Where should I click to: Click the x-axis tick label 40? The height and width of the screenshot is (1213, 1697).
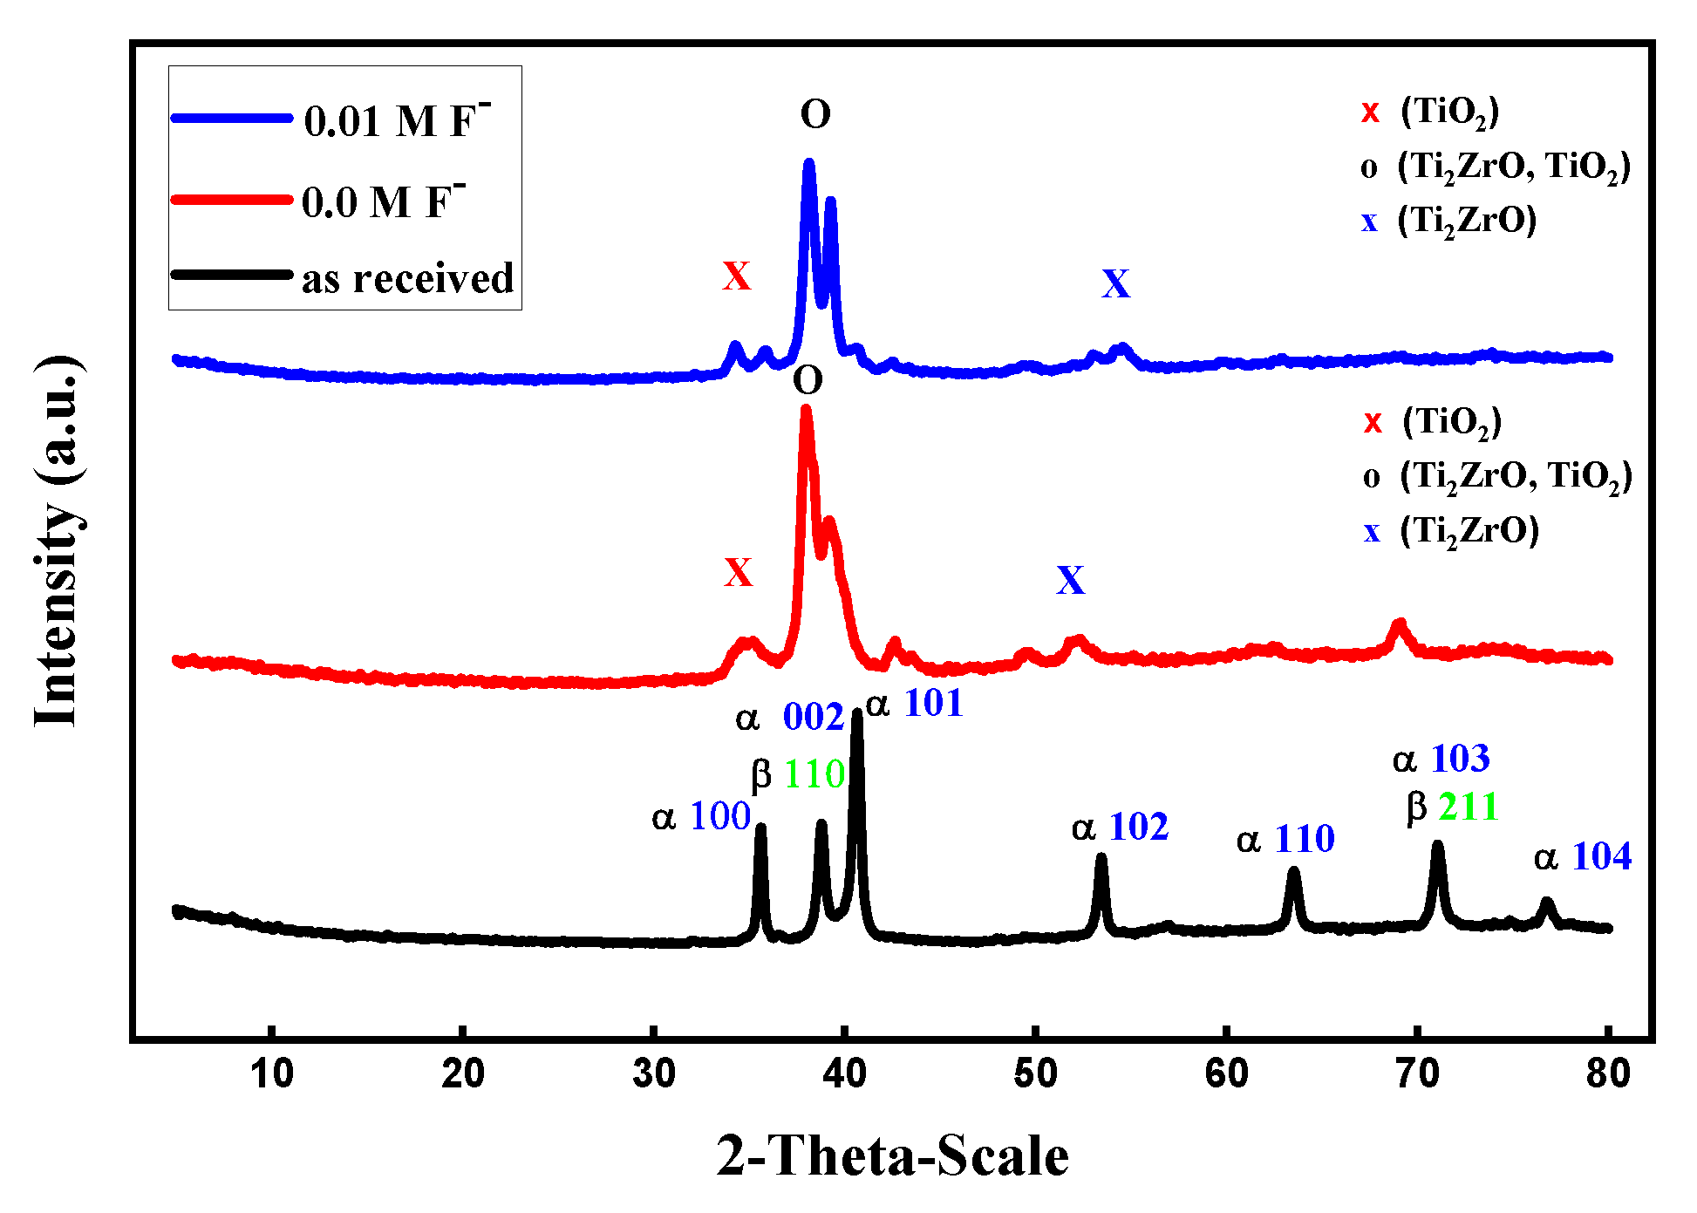(x=843, y=1073)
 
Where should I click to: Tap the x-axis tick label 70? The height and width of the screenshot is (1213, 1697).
(x=1416, y=1073)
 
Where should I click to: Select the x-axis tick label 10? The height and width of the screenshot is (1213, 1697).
(x=271, y=1073)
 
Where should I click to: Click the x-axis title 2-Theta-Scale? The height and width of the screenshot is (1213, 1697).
(x=892, y=1156)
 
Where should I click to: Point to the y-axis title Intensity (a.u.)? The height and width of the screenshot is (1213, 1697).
(x=58, y=541)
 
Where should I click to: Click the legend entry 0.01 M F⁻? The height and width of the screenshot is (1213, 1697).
(x=397, y=120)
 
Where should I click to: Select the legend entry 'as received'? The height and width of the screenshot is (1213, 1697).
(x=407, y=278)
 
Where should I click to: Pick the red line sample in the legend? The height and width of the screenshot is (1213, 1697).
(x=231, y=200)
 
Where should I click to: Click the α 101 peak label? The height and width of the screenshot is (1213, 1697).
(x=914, y=703)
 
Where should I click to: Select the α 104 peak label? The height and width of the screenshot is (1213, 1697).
(x=1583, y=857)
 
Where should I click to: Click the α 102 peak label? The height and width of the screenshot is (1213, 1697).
(x=1120, y=827)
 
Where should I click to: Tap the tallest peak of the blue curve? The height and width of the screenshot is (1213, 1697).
(x=808, y=164)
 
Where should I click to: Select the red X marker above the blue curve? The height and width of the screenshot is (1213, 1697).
(x=736, y=276)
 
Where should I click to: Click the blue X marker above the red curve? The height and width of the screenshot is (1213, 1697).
(x=1070, y=580)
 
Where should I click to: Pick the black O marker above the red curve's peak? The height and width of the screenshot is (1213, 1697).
(x=808, y=380)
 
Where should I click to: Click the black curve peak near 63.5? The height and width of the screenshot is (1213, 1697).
(x=1293, y=871)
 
